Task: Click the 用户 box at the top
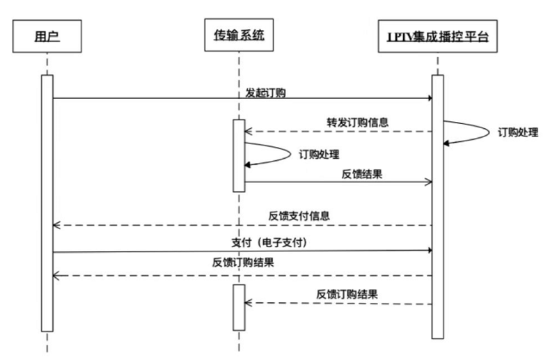(x=47, y=36)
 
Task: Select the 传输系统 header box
(x=238, y=36)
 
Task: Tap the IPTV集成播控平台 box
(x=437, y=36)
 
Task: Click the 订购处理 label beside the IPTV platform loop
(x=518, y=132)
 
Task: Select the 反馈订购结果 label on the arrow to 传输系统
(x=347, y=294)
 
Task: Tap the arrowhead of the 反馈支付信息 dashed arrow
(x=58, y=226)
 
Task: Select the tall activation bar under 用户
(x=47, y=202)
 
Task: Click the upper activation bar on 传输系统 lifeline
(x=238, y=155)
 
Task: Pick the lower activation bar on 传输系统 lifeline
(x=238, y=306)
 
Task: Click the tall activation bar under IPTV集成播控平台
(x=437, y=205)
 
